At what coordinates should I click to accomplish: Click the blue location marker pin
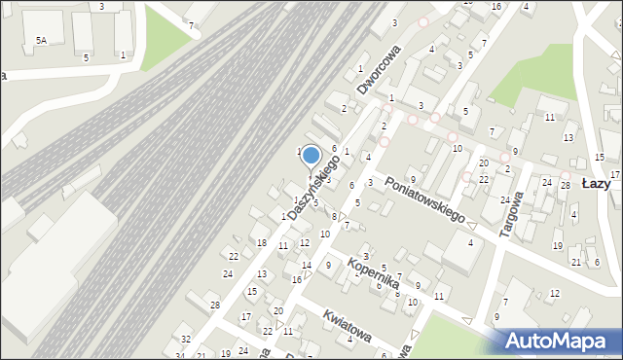tap(311, 157)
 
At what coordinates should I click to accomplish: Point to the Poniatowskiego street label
tap(424, 199)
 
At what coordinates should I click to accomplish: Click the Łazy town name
tap(595, 183)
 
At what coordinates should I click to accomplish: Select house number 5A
tap(41, 40)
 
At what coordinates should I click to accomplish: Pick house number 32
tap(186, 340)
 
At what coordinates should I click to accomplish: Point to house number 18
tap(261, 241)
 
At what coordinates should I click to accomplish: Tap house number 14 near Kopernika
tap(306, 265)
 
